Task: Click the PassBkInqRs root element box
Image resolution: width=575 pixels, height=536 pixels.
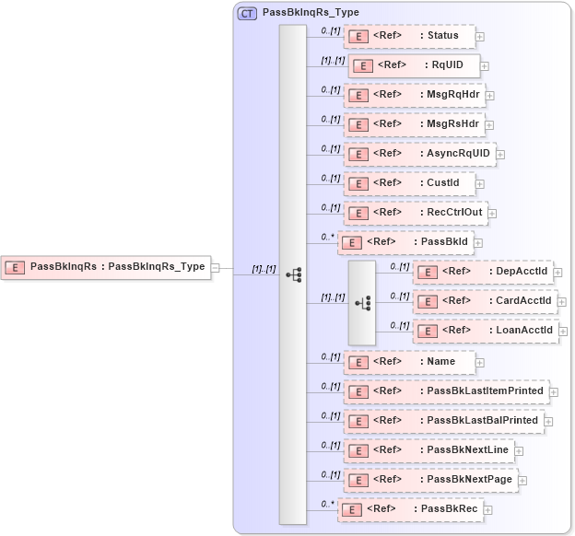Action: tap(105, 267)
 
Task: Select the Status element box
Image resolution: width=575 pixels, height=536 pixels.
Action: tap(409, 36)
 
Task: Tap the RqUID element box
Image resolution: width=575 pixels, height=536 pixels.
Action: tap(414, 65)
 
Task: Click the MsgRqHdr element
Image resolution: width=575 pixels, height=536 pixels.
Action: tap(414, 95)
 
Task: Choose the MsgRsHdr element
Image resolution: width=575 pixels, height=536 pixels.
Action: tap(414, 124)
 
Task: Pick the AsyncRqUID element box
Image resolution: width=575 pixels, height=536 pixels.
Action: tap(419, 154)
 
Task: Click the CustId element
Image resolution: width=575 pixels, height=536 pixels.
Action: tap(409, 183)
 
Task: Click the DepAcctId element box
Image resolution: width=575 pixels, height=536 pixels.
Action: tap(483, 272)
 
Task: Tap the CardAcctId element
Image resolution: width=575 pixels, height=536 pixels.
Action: tap(485, 301)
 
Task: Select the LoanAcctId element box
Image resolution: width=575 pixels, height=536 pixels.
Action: tap(485, 331)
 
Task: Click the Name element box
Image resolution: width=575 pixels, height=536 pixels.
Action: tap(409, 361)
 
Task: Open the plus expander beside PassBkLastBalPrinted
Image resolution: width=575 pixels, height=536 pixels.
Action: tap(548, 421)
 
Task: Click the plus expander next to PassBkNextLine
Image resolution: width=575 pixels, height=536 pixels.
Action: tap(520, 451)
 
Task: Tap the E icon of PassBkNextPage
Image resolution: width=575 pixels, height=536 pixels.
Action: tap(358, 480)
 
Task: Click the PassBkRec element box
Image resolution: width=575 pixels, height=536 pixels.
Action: tap(410, 509)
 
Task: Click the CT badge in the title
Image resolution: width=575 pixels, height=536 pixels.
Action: tap(247, 14)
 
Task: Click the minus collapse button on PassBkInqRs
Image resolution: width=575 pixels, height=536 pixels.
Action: tap(215, 268)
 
